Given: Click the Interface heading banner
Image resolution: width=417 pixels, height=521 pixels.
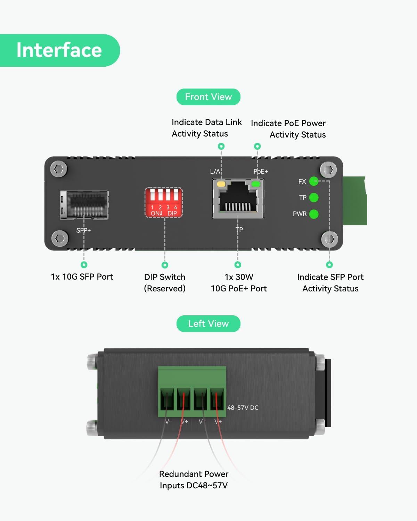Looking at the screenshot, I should coord(59,50).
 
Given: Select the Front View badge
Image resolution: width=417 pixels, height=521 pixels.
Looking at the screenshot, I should coord(208,97).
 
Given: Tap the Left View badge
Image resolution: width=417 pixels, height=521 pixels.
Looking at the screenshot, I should coord(208,324).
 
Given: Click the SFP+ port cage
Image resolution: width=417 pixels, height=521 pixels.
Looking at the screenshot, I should coord(84,205).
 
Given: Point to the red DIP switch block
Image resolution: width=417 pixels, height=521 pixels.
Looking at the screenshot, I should coord(163,202).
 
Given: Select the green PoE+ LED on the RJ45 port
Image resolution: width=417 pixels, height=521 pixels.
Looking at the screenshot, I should coord(256,184).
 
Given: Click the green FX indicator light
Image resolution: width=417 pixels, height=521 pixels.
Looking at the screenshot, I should coord(314,181).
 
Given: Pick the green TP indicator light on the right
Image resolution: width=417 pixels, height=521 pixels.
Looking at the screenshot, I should coord(314,198).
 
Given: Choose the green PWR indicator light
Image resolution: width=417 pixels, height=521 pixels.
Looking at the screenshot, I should coord(314,214).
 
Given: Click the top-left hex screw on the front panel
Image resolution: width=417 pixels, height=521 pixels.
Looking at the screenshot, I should coord(59,169).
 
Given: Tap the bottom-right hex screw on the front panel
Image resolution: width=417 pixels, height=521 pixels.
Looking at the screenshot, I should coord(329,239).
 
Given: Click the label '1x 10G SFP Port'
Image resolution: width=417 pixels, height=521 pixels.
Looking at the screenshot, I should coord(82,277).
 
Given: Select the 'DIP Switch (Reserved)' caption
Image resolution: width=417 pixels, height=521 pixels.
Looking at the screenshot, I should coord(165,283).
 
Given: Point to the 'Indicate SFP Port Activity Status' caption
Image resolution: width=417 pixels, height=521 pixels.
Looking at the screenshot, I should coord(330,283).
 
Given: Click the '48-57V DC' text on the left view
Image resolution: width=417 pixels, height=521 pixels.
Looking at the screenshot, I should coord(243,408).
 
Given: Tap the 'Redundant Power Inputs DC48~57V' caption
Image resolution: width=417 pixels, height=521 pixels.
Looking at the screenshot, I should coord(194,480).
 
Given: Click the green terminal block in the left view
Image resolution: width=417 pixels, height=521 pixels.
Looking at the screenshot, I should coord(192,391).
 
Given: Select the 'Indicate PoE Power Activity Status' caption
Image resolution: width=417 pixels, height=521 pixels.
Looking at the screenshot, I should coord(288,129).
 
